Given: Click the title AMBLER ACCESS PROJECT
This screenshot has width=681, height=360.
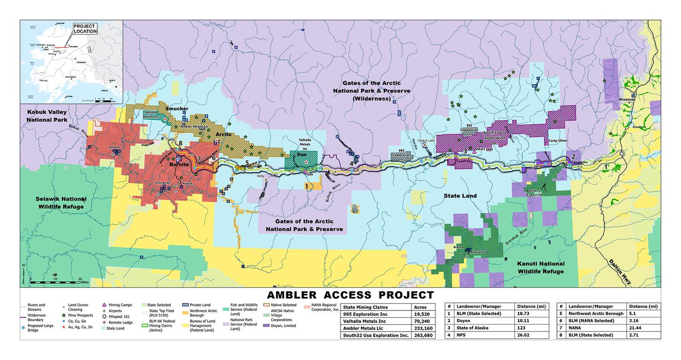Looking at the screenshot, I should point(350,295).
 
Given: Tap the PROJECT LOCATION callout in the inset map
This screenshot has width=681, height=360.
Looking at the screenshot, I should point(85,29).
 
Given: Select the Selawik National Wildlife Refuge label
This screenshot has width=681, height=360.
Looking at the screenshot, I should point(61,202).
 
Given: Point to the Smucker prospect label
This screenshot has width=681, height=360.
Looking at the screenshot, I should point(176,108).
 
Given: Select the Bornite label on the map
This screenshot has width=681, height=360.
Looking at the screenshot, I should point(179,165).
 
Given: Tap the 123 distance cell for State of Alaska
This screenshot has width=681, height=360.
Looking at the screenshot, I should point(529,328).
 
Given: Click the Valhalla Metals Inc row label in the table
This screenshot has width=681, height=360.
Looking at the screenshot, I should point(364,321).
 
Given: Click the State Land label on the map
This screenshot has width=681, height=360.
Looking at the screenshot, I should point(460,196).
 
